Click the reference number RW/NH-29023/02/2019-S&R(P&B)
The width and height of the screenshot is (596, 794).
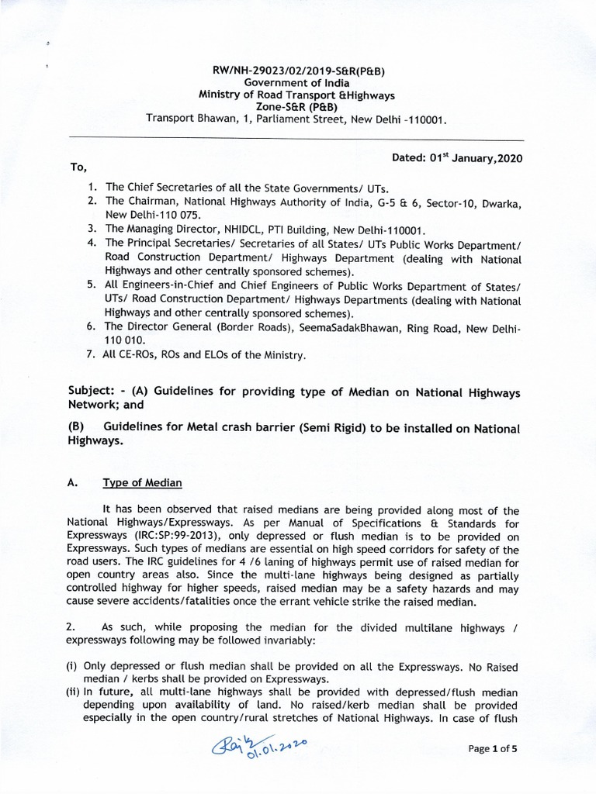coord(297,71)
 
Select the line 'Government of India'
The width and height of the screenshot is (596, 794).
coord(297,83)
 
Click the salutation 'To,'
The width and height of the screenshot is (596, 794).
coord(78,167)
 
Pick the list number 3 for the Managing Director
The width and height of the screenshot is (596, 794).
coord(92,229)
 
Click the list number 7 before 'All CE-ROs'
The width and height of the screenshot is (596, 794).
coord(92,355)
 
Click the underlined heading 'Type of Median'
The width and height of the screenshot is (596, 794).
coord(142,483)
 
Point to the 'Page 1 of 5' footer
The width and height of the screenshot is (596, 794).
coord(496,749)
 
